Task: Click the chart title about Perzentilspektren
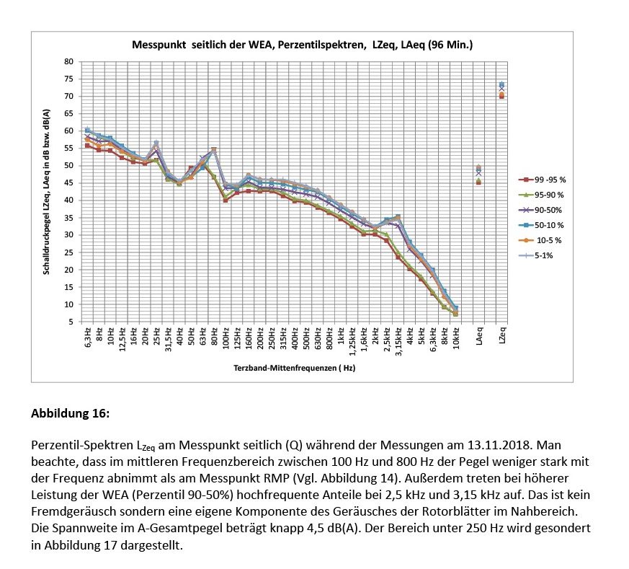(x=302, y=45)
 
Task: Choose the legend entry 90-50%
(x=548, y=210)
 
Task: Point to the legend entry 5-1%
(x=546, y=255)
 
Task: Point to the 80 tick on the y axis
(x=68, y=61)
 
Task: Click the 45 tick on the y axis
(x=68, y=182)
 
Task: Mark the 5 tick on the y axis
(x=71, y=322)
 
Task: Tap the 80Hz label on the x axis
(x=214, y=337)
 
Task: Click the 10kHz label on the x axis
(x=455, y=338)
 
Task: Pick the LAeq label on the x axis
(x=480, y=336)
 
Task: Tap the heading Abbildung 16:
(x=69, y=414)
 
